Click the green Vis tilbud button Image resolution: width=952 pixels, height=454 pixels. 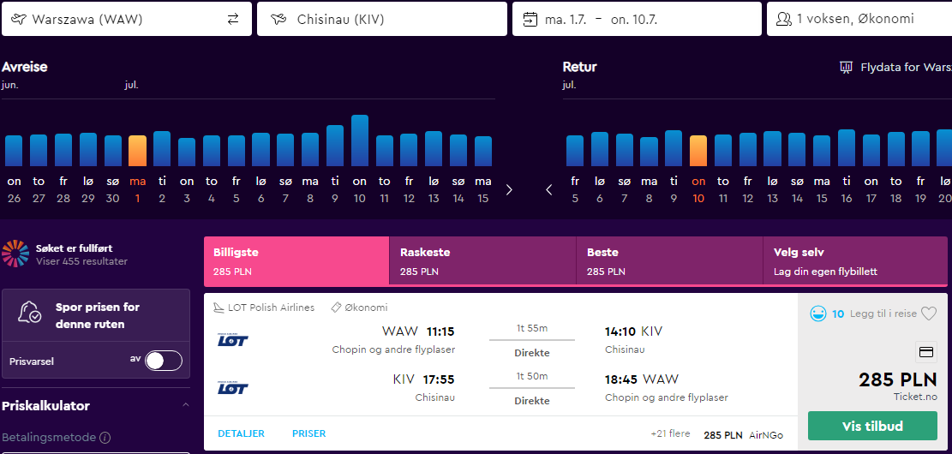872,426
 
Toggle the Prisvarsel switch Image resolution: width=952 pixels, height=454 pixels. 164,361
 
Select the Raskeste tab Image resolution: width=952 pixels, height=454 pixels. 482,261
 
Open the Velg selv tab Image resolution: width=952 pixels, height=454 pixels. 855,261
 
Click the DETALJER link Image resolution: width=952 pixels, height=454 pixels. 241,433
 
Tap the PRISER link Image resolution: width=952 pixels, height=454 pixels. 309,433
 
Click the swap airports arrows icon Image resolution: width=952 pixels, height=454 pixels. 233,20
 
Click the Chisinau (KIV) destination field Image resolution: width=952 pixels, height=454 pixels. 382,19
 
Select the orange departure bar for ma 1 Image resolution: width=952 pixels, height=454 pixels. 137,151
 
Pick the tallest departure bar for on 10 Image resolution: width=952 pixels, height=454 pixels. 359,140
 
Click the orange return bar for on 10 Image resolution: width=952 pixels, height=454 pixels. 698,151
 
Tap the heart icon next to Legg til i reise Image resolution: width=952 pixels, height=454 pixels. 929,314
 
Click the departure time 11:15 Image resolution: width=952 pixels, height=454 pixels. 440,332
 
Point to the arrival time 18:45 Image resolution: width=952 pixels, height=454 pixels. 621,380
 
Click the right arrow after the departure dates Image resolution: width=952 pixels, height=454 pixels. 509,190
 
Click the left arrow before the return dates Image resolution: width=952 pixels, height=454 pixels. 549,190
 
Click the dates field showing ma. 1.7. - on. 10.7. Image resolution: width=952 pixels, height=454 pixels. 637,19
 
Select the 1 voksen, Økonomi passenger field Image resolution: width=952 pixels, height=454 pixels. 859,19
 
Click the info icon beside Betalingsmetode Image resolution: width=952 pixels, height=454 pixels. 105,438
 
